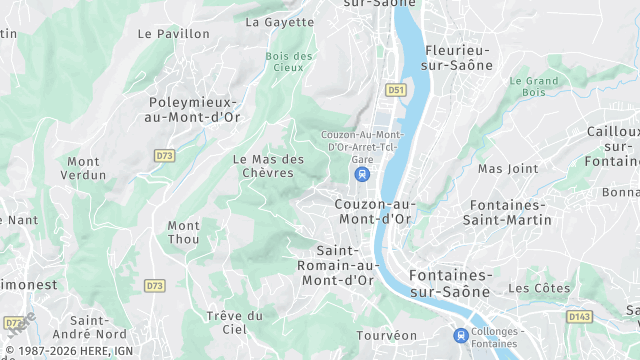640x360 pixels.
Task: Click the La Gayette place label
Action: click(279, 21)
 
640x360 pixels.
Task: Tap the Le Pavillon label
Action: click(174, 34)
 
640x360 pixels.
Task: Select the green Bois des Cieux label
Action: click(289, 62)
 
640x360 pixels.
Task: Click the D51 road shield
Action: click(397, 90)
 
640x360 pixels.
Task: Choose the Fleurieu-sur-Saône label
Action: click(458, 57)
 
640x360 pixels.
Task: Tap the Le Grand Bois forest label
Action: click(533, 87)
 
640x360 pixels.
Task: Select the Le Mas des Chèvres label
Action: click(268, 166)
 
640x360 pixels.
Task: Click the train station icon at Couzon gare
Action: click(361, 175)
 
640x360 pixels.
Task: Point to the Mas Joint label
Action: click(507, 169)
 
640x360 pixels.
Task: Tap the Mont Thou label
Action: click(183, 232)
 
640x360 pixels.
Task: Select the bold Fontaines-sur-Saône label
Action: click(450, 283)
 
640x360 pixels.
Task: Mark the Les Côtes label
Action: click(538, 289)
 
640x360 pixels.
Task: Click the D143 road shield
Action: click(579, 317)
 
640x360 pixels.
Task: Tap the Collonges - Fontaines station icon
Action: click(460, 335)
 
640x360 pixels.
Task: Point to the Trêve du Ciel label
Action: click(234, 322)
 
